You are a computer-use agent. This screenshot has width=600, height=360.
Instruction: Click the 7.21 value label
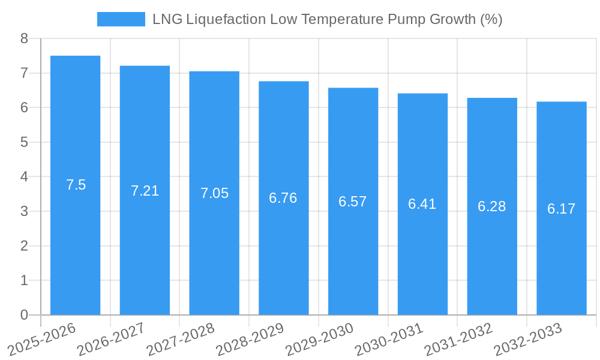pyautogui.click(x=145, y=191)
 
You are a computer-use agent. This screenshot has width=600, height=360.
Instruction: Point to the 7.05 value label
pyautogui.click(x=214, y=193)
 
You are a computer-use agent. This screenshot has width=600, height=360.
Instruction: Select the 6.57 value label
pyautogui.click(x=353, y=202)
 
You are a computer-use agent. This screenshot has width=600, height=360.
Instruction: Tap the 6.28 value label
pyautogui.click(x=492, y=206)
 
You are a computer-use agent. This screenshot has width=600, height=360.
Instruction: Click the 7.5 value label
pyautogui.click(x=76, y=185)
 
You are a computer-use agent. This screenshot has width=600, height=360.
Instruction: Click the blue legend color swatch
pyautogui.click(x=121, y=19)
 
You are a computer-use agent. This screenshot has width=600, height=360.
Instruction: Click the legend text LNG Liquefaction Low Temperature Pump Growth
pyautogui.click(x=327, y=19)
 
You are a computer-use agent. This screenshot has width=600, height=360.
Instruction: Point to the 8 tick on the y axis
pyautogui.click(x=24, y=38)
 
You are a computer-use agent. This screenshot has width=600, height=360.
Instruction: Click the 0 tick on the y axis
pyautogui.click(x=24, y=315)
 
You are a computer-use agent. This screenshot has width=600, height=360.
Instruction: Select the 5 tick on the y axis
pyautogui.click(x=24, y=142)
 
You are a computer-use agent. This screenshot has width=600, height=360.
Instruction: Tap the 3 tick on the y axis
pyautogui.click(x=24, y=211)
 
